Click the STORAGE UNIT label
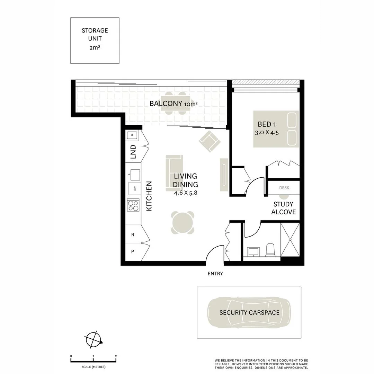95,35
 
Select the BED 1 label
267,124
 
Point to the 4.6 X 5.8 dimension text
186,193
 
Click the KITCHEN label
149,196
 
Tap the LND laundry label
133,152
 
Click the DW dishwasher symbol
134,189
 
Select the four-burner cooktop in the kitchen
133,205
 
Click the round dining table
182,223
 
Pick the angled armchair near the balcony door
210,141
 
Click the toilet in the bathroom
270,250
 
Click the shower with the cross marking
290,239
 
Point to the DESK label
284,188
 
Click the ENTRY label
215,274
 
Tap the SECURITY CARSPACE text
249,312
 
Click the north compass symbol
93,339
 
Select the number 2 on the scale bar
116,356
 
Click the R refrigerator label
133,234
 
